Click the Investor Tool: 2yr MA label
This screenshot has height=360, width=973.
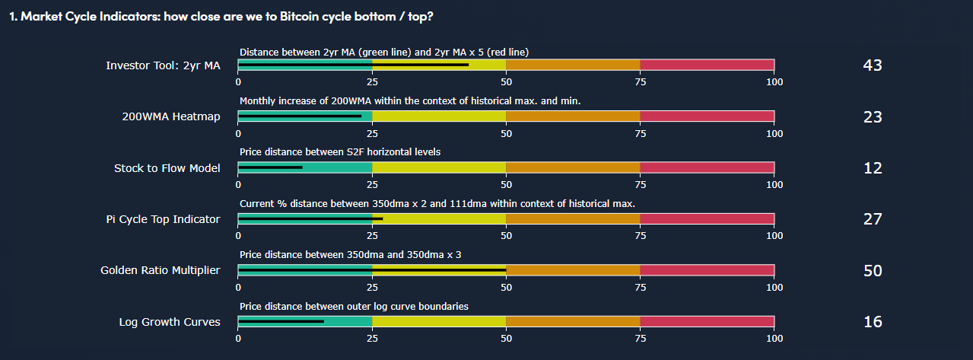[x=163, y=65]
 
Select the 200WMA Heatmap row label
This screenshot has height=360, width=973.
[x=171, y=116]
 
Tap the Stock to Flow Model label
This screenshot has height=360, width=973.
[x=167, y=168]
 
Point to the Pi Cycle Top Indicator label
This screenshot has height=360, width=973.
[x=163, y=219]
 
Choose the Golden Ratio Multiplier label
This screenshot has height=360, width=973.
[x=160, y=270]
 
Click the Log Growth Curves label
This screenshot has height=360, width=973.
[x=170, y=322]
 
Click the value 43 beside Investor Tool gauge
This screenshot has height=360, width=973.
[x=873, y=65]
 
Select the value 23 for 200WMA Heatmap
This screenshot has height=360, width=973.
[x=873, y=116]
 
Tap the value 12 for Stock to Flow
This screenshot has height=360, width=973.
[x=873, y=168]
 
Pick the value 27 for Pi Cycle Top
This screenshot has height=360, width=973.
[x=873, y=219]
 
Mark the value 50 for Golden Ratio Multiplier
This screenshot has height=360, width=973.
[x=873, y=270]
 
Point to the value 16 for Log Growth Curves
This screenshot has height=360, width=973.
[x=873, y=322]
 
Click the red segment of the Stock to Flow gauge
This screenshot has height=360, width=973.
[x=707, y=167]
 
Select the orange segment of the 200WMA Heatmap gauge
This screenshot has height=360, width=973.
[x=573, y=116]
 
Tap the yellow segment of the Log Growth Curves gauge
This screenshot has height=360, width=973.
[x=439, y=321]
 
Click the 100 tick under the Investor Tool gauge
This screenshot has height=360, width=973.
[x=774, y=82]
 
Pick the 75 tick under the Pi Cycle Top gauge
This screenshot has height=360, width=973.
[x=640, y=236]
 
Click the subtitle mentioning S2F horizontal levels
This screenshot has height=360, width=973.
[x=340, y=152]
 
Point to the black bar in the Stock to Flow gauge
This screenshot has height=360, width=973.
[x=271, y=167]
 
